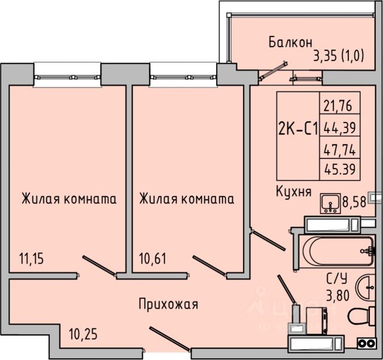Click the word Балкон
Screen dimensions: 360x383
point(290,42)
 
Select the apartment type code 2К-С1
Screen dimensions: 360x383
point(298,129)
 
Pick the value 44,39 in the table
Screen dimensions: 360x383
point(339,127)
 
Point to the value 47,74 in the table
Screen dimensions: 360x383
point(339,149)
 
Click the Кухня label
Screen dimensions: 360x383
point(293,191)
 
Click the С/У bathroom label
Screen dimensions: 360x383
point(337,278)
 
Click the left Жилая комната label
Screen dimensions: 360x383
point(69,199)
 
